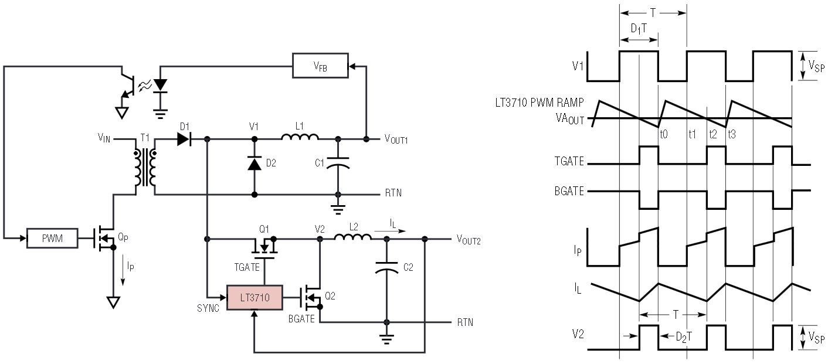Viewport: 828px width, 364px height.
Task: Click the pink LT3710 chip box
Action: click(x=254, y=298)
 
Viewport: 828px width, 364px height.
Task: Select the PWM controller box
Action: click(x=52, y=239)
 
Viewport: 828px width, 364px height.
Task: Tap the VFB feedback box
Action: click(x=320, y=66)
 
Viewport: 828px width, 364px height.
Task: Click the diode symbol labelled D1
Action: click(x=184, y=139)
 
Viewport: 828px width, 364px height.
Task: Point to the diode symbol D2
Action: click(x=254, y=165)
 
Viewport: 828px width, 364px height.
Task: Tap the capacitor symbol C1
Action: click(x=337, y=164)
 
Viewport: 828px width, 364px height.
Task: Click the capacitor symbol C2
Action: click(x=386, y=267)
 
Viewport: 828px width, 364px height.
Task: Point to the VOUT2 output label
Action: click(x=469, y=239)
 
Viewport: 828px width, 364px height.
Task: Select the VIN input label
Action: click(x=106, y=139)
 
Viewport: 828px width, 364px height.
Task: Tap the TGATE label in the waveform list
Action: click(x=568, y=162)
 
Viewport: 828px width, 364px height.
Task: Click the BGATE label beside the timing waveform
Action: click(x=568, y=191)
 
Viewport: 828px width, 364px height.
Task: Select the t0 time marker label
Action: click(x=664, y=134)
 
